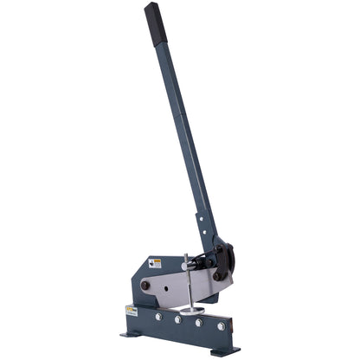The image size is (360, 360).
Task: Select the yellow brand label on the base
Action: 132,310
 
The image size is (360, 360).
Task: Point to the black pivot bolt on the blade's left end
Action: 145,286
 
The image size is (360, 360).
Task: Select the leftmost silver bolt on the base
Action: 157,317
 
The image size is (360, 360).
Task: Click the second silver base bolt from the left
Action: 177,319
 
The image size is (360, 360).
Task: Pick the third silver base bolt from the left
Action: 198,323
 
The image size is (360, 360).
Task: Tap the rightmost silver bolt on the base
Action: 220,326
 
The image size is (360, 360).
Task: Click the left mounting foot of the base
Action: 132,333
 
